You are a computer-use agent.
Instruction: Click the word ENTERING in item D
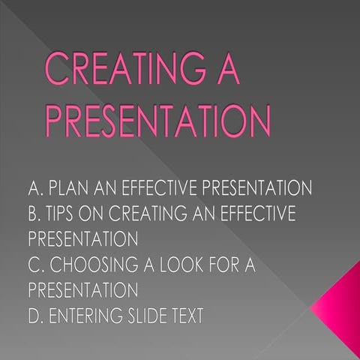(x=88, y=316)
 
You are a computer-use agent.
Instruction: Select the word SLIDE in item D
(x=153, y=316)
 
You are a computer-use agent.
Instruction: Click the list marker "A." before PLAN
(x=36, y=187)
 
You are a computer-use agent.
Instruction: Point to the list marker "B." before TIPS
(x=35, y=213)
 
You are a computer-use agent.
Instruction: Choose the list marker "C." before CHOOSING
(x=36, y=265)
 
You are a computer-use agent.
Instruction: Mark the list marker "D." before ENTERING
(x=36, y=316)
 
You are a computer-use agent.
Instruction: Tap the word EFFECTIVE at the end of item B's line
(x=254, y=213)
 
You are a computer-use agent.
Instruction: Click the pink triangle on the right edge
(x=341, y=304)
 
